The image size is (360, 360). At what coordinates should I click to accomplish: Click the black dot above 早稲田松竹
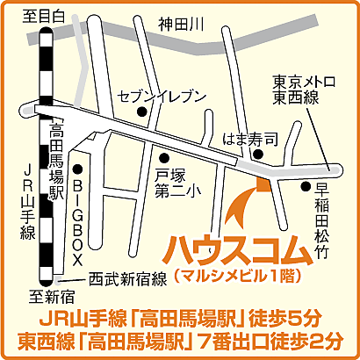[306, 185]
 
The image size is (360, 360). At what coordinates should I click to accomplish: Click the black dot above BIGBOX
[77, 169]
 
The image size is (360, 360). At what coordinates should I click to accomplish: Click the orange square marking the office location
[261, 181]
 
